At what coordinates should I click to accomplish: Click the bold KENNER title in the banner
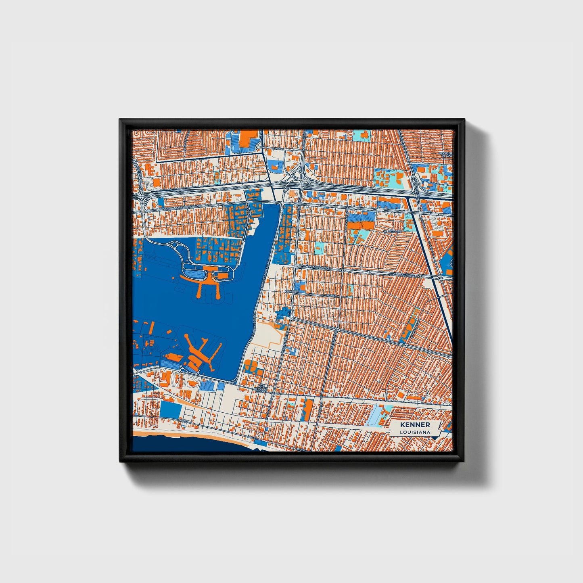coord(415,425)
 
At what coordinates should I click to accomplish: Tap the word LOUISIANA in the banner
coord(415,433)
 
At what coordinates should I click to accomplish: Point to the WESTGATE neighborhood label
coord(392,232)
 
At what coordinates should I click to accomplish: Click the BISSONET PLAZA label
coord(447,155)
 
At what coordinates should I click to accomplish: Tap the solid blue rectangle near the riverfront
coord(171,410)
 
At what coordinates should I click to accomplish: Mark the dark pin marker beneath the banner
coord(434,438)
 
